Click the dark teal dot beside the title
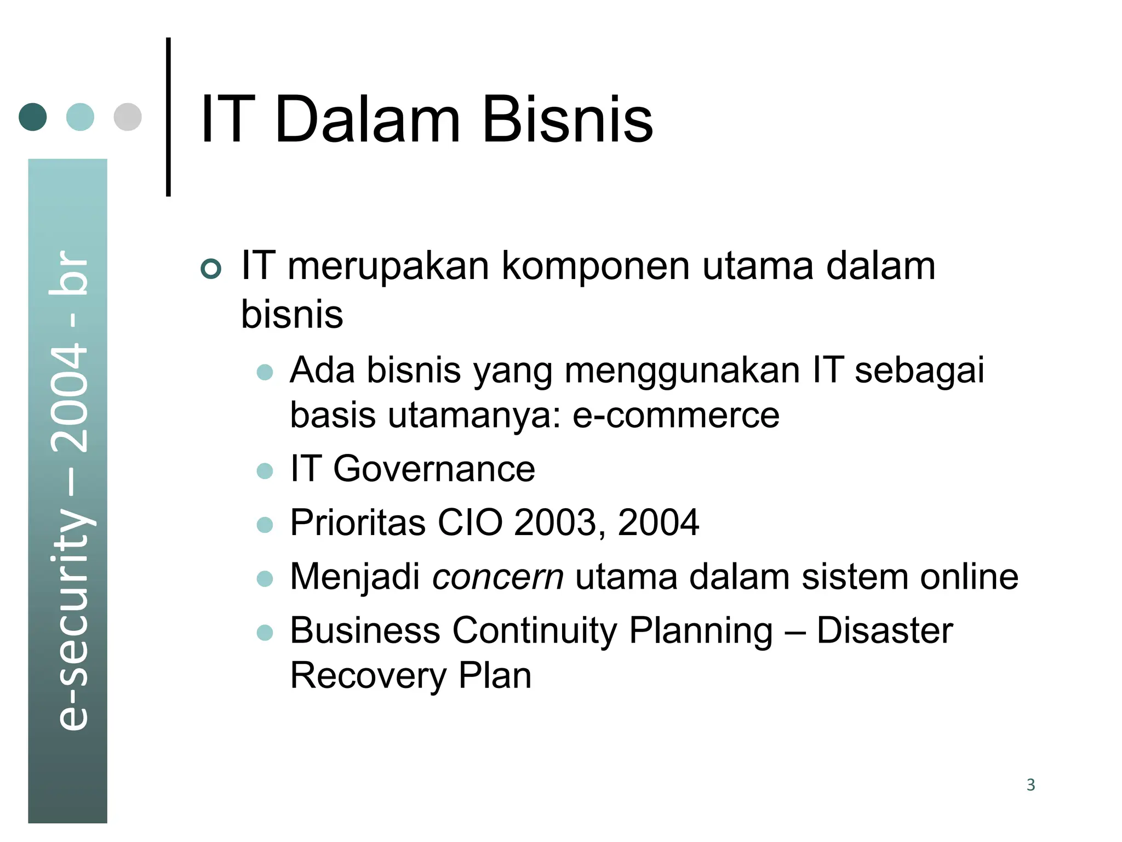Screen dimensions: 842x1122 (x=33, y=117)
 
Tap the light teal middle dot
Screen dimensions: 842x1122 (x=80, y=117)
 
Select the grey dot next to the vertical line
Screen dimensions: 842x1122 (x=128, y=117)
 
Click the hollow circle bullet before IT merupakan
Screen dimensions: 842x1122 (x=211, y=269)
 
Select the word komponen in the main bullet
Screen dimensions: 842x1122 (x=596, y=266)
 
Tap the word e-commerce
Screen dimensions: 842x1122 (x=676, y=415)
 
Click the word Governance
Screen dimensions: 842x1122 (x=434, y=469)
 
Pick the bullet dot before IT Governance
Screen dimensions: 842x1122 (x=265, y=471)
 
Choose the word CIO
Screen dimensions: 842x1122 (x=470, y=522)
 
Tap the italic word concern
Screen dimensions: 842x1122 (x=498, y=577)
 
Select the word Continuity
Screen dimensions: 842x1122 (x=535, y=631)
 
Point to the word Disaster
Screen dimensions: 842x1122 (x=884, y=631)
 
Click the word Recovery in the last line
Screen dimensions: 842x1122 (x=368, y=676)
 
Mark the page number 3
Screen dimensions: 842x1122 (x=1031, y=785)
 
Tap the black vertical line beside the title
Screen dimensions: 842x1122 (x=168, y=117)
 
